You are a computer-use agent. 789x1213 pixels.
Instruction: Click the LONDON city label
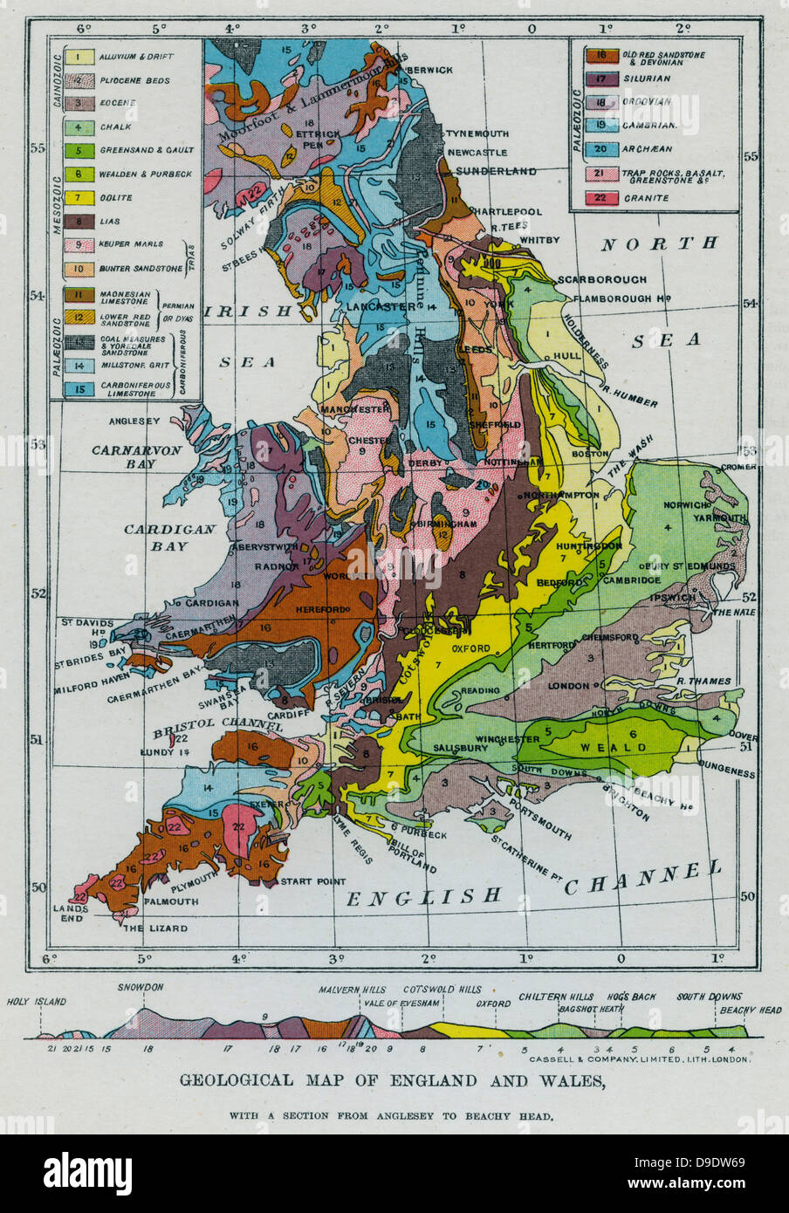coord(568,686)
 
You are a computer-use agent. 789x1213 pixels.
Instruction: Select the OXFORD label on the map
coord(470,648)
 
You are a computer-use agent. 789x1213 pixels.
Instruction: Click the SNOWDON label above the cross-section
coord(140,987)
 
